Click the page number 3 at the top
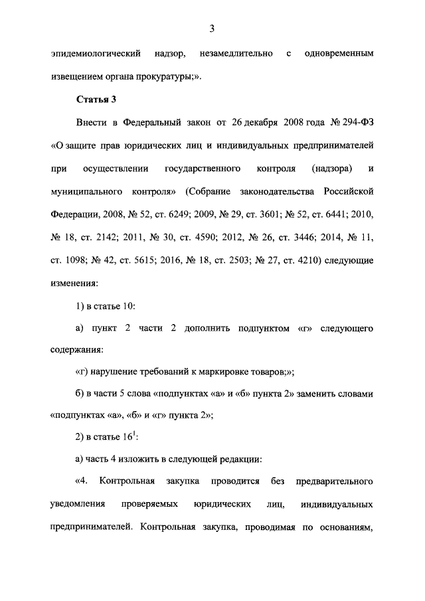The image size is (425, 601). pyautogui.click(x=212, y=28)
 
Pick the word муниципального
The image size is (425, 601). pyautogui.click(x=84, y=191)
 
